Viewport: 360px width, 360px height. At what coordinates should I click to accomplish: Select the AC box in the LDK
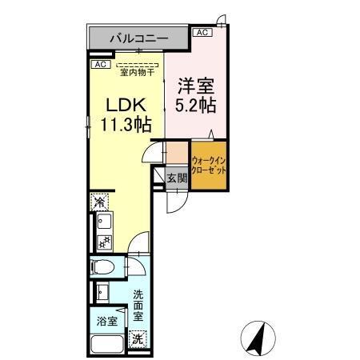click(100, 64)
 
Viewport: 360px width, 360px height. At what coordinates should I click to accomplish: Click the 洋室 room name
click(196, 83)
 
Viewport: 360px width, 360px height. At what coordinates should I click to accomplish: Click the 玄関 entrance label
click(177, 178)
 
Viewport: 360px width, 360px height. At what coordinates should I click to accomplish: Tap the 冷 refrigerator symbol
click(100, 202)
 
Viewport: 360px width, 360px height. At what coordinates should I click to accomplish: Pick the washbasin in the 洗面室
click(102, 291)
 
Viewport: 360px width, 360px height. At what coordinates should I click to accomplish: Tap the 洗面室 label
click(137, 305)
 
